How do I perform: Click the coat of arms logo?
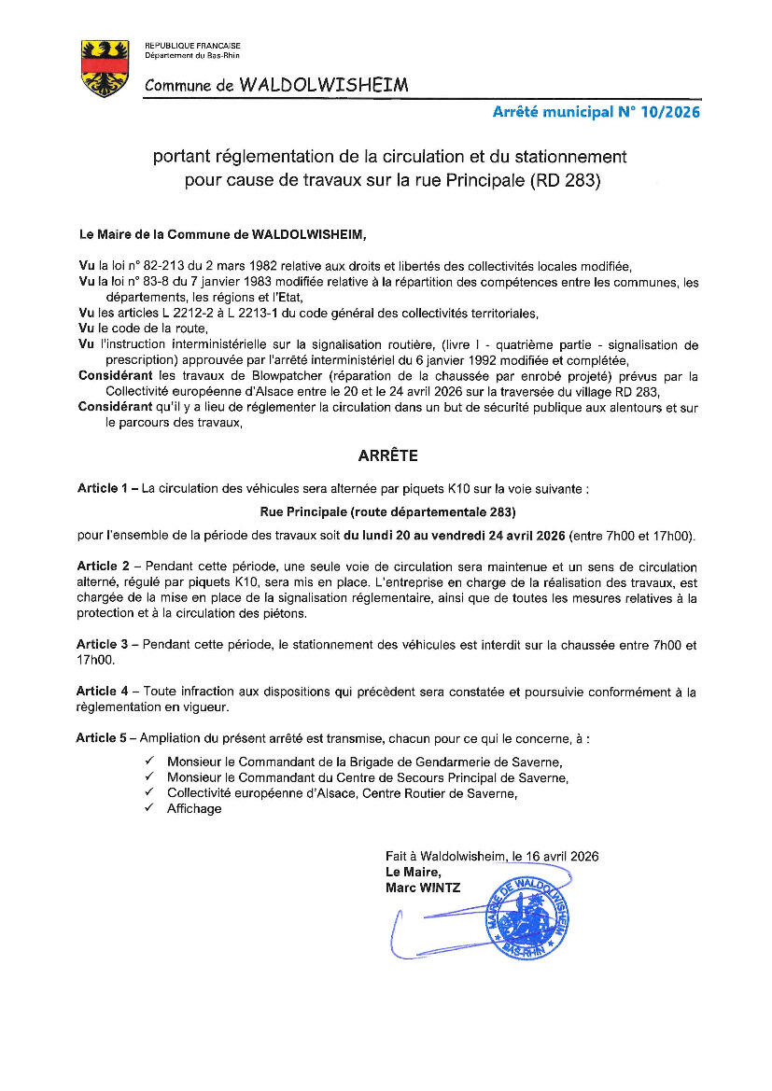coord(105,68)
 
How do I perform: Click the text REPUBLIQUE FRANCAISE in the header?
coord(192,46)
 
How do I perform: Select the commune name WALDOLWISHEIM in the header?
coord(324,85)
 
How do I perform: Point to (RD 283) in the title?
coord(564,179)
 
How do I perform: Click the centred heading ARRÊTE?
coord(388,456)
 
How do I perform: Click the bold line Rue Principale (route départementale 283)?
coord(386,511)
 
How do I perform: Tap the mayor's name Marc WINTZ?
coord(423,888)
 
